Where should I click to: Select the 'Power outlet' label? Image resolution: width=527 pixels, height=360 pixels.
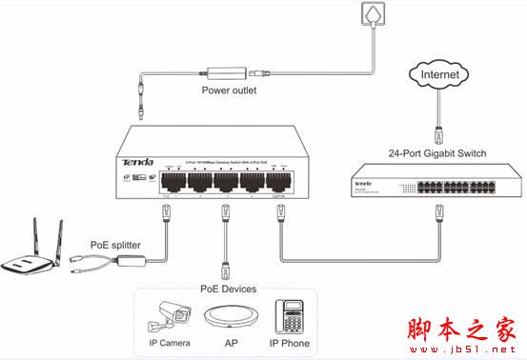click(x=229, y=90)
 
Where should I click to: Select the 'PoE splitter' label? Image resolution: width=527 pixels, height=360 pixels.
click(x=116, y=244)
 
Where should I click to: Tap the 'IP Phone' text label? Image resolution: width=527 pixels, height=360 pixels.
click(x=290, y=343)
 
